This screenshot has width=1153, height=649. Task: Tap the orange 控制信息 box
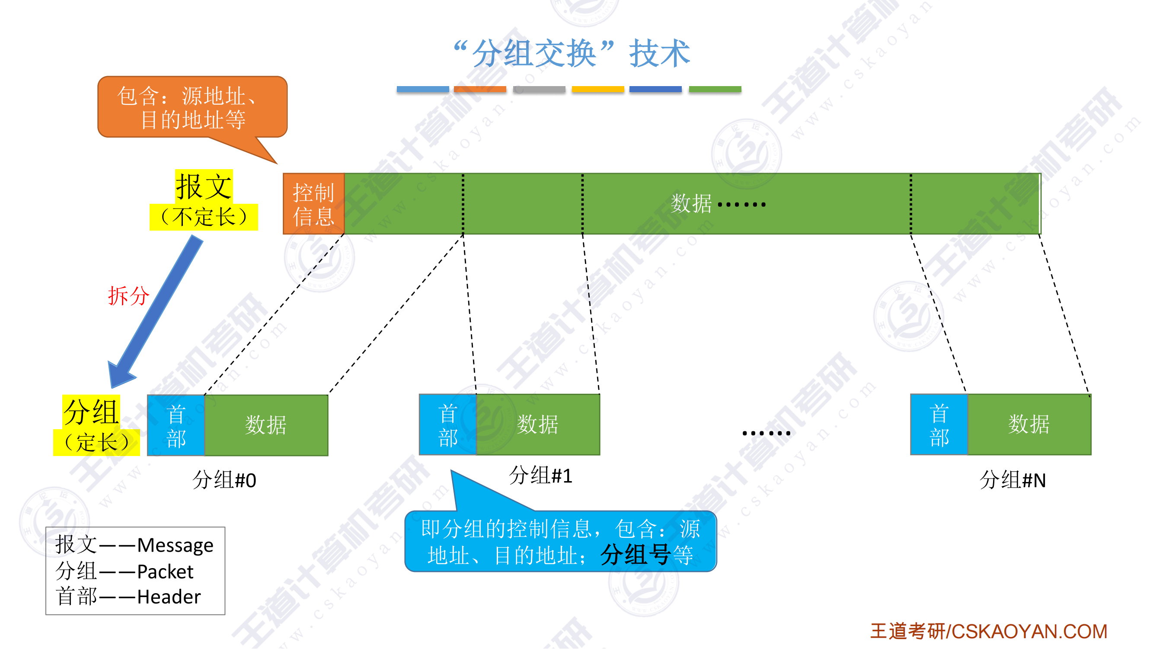[313, 204]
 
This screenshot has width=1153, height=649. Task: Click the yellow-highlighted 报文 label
[204, 186]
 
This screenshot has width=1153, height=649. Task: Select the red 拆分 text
[128, 296]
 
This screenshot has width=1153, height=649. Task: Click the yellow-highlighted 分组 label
[91, 411]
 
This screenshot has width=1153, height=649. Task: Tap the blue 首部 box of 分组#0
[176, 425]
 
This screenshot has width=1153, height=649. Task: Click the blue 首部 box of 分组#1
[447, 424]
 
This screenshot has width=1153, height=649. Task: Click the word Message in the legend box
[175, 545]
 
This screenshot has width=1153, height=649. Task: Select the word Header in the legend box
[169, 597]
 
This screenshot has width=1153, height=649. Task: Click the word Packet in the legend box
[165, 572]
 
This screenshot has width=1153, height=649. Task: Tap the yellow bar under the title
[597, 89]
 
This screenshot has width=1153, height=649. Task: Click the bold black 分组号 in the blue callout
[635, 555]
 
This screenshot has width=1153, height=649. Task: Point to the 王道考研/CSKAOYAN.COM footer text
[988, 632]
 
